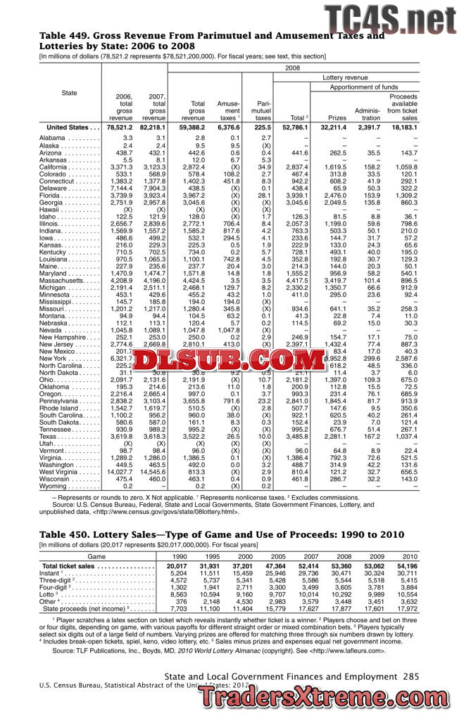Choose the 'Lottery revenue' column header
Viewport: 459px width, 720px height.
coord(345,77)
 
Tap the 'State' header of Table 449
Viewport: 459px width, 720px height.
coord(69,93)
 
